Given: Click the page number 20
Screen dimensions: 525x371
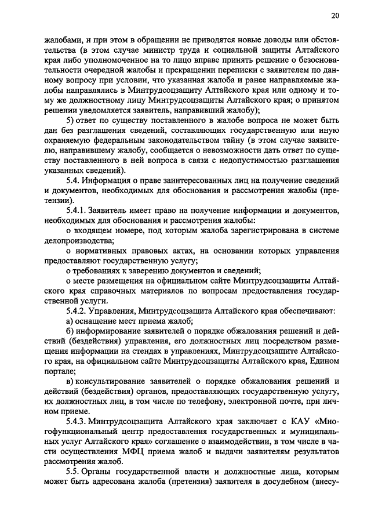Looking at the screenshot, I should pos(336,16).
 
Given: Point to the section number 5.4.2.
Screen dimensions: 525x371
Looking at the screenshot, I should pos(77,310).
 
